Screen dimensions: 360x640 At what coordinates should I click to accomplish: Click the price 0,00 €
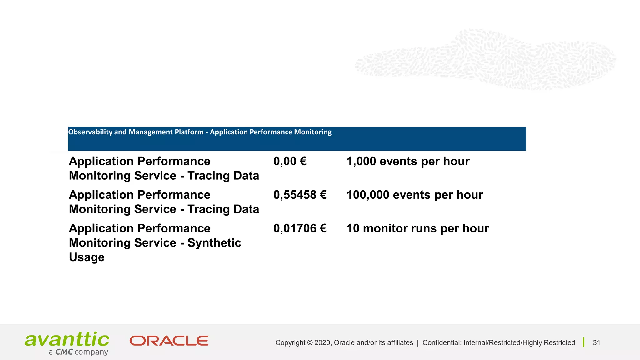coord(290,161)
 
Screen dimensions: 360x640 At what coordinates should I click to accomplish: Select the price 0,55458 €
coord(300,195)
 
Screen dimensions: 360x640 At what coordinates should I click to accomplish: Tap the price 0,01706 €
coord(300,228)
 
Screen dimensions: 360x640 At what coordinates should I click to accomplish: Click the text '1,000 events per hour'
coord(408,161)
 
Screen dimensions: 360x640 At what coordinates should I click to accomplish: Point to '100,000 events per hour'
coord(415,195)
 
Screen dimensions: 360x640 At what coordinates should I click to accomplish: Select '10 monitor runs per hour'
coord(417,228)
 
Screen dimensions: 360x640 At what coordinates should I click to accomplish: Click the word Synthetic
coord(214,243)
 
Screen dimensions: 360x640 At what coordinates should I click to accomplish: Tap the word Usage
coord(87,257)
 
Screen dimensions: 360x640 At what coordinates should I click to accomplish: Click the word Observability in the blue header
coord(90,132)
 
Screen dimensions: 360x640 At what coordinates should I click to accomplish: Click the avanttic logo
coord(67,340)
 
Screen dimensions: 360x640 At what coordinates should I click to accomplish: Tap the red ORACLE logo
coord(169,341)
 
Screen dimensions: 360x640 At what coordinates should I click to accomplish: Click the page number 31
coord(596,343)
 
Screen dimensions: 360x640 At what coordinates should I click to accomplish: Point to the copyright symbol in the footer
coord(310,343)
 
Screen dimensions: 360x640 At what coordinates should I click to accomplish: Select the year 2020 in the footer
coord(322,343)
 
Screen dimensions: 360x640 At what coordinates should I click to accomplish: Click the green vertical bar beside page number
coord(583,342)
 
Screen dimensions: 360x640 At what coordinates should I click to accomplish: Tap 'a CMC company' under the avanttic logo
coord(78,352)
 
